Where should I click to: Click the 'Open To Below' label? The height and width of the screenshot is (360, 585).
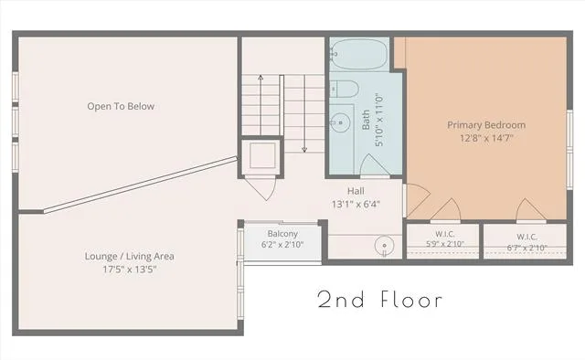[121, 106]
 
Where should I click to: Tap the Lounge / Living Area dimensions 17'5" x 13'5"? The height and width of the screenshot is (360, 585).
[130, 270]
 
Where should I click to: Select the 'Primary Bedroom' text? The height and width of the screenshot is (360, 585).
[486, 125]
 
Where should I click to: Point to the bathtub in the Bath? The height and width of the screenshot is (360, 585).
[358, 54]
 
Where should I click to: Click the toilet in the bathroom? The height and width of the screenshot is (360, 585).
[345, 90]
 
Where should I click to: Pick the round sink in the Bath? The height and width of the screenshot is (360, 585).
[340, 122]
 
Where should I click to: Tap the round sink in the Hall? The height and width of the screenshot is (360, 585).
[384, 246]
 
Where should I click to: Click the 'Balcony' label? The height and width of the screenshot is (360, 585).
[282, 234]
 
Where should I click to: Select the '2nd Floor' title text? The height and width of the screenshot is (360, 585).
[380, 300]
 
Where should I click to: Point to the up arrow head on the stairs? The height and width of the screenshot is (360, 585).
[261, 78]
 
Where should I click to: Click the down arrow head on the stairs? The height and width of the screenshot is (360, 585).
[304, 150]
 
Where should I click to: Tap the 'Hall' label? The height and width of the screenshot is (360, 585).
[356, 191]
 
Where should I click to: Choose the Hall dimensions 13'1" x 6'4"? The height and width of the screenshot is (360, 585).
[356, 205]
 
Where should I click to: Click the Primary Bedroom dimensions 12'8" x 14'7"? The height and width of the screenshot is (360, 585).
[486, 138]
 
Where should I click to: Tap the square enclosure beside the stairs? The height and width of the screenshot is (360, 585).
[262, 156]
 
